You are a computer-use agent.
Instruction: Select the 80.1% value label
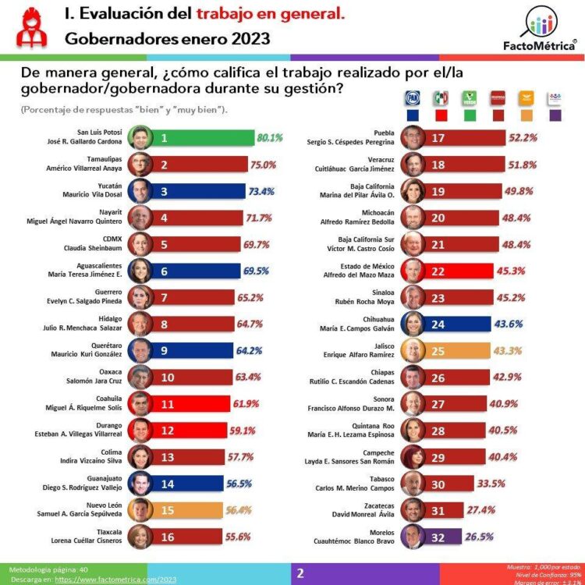pyautogui.click(x=269, y=138)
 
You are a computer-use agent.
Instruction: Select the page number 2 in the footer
pyautogui.click(x=300, y=573)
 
